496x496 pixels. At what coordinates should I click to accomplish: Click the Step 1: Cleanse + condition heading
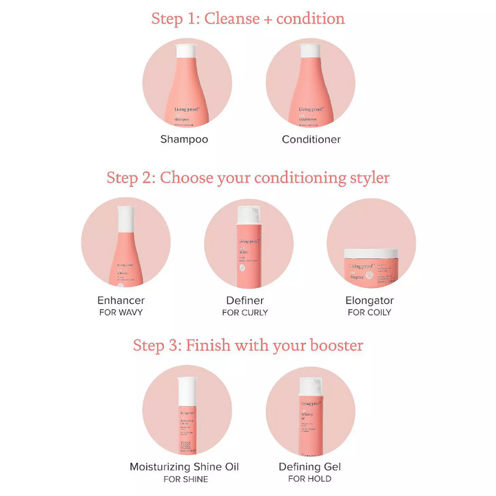coord(248,18)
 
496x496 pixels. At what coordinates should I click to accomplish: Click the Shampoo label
coord(184,139)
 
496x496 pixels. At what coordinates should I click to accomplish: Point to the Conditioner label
coord(311,139)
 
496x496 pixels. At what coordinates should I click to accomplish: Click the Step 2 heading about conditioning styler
coord(248,178)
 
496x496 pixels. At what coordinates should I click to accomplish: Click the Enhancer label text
coord(121,300)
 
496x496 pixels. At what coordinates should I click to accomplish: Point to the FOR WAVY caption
coord(121,313)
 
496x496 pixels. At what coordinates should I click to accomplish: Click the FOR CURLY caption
coord(245,313)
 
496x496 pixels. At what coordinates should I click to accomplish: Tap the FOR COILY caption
coord(369,313)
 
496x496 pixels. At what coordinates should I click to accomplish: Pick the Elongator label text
coord(369,300)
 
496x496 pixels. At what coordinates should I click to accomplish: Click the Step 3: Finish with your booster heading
coord(248,344)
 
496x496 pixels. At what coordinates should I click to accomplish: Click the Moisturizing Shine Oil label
coord(185,466)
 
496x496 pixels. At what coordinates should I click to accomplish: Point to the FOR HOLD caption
coord(310,479)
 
